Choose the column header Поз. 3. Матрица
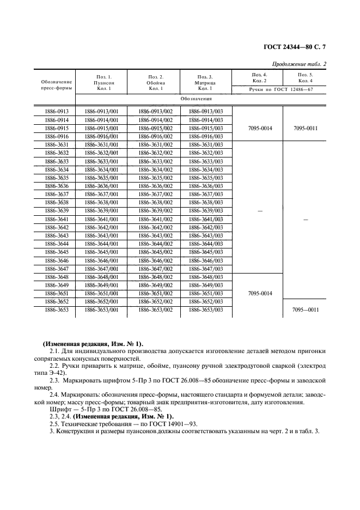(205, 81)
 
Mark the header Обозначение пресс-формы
(56, 84)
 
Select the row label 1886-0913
(56, 111)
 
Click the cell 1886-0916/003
(206, 136)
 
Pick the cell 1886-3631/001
(101, 144)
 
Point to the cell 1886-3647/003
(206, 269)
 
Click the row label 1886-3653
(56, 309)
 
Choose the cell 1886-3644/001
(101, 244)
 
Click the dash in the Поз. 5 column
(305, 218)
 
